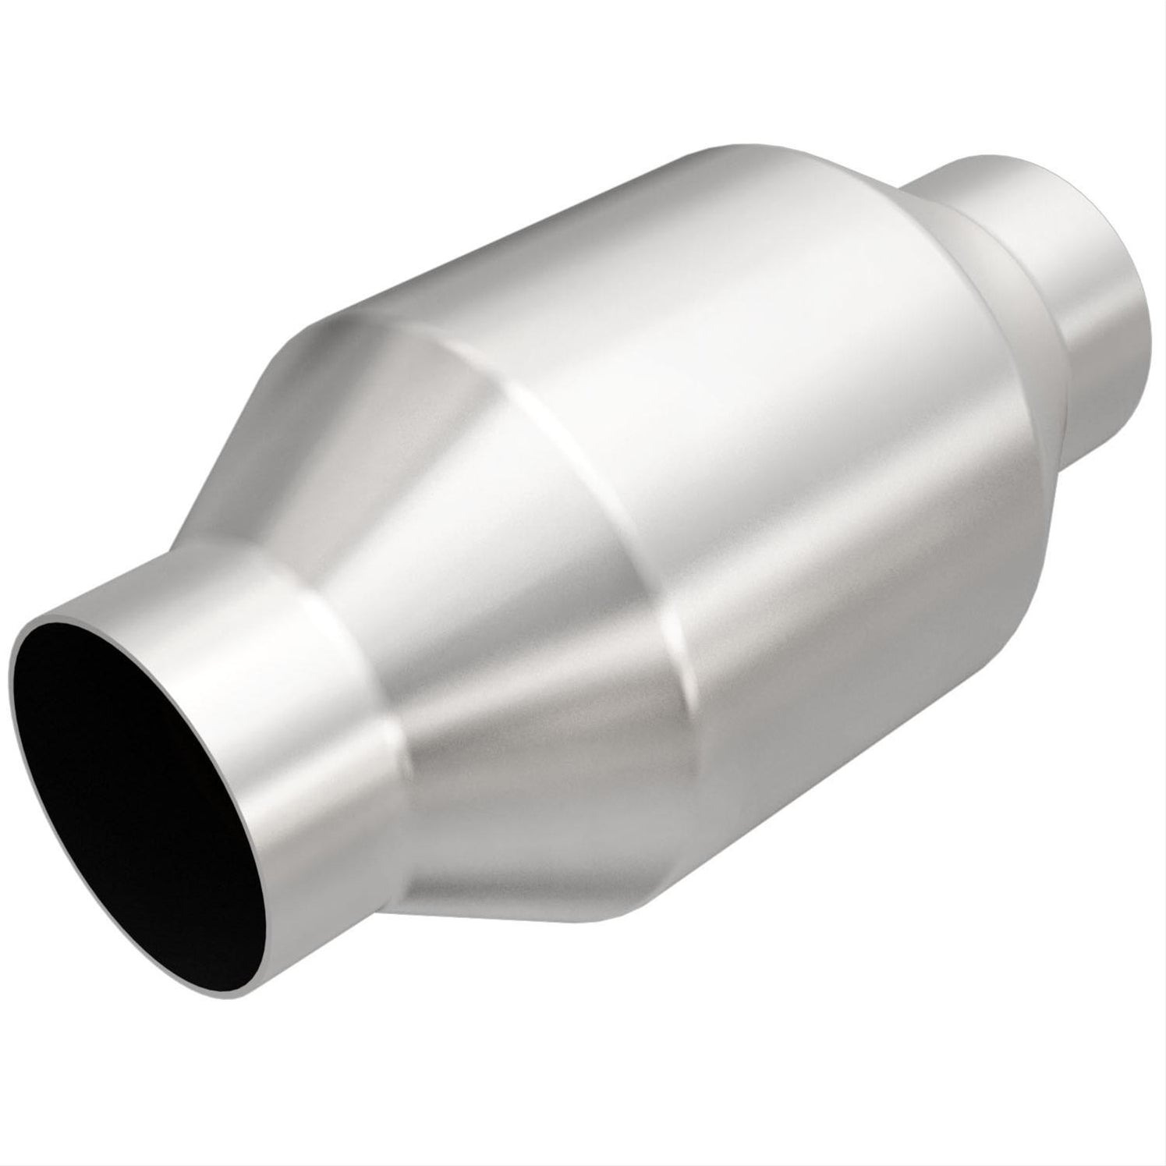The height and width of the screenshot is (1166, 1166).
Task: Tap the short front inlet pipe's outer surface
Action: coord(312,702)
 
